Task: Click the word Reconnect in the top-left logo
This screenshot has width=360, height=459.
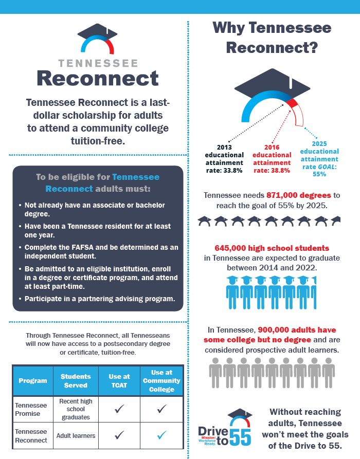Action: click(x=98, y=79)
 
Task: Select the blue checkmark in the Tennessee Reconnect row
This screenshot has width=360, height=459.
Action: click(x=161, y=435)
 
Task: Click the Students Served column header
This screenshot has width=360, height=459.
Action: click(x=76, y=381)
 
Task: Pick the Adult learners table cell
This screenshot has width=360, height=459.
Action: click(x=76, y=436)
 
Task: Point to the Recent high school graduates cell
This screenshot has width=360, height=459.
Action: click(x=76, y=409)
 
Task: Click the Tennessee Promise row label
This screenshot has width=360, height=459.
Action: click(x=31, y=409)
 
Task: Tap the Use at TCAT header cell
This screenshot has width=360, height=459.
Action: click(x=119, y=381)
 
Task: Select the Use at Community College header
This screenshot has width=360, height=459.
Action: click(x=161, y=381)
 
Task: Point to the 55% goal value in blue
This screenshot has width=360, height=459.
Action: click(x=319, y=174)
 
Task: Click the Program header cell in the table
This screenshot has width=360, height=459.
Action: click(x=33, y=381)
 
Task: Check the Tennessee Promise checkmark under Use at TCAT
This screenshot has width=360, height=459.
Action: click(x=119, y=409)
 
